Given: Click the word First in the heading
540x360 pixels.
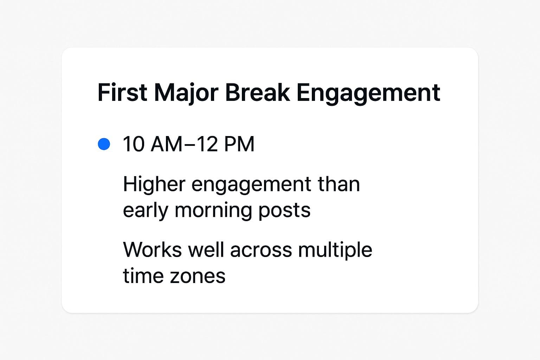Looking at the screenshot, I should click(122, 93).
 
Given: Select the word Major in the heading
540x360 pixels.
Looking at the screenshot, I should click(186, 93).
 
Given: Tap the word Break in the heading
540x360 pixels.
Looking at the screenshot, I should click(257, 93).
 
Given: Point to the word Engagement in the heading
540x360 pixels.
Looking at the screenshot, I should click(368, 93).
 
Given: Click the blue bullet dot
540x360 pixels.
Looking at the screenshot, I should click(104, 144).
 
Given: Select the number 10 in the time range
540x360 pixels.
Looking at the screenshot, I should click(134, 144).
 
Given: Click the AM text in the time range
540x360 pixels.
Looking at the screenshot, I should click(166, 144).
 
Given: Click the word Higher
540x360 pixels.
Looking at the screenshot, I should click(154, 184).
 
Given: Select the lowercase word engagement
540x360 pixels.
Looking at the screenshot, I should click(251, 185).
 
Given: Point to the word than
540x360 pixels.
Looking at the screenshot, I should click(339, 184).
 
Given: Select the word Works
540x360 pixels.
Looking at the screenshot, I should click(152, 250).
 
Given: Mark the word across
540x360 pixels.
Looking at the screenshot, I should click(261, 250).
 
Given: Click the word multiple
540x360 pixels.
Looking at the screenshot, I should click(335, 250).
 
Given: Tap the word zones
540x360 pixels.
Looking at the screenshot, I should click(197, 276).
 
